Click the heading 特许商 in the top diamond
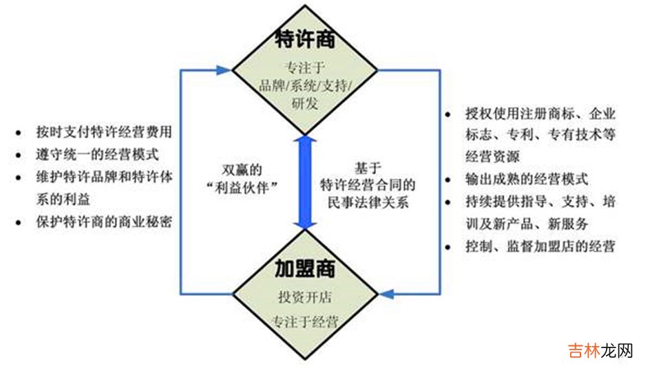coord(304,39)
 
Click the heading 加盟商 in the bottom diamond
coord(304,268)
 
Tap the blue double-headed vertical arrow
coord(304,182)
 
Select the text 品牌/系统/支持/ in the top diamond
coord(304,85)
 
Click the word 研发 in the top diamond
coord(304,103)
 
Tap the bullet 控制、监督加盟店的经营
coord(539,246)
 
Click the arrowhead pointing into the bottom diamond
coord(387,294)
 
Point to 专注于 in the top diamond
coord(304,68)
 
